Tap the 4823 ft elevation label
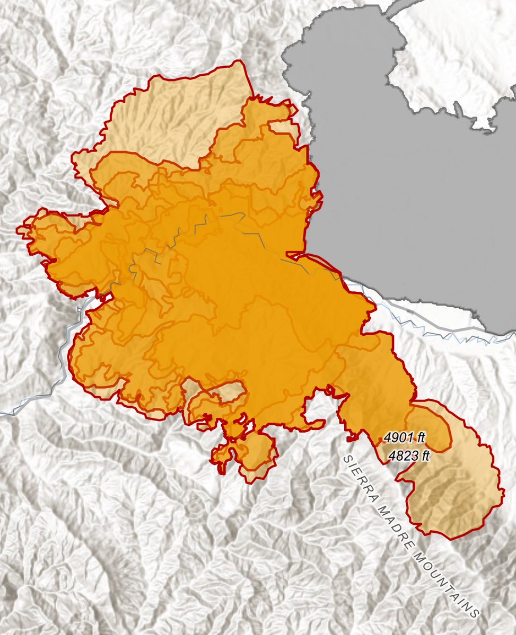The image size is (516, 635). pos(408,455)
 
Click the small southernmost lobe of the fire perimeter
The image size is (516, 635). pos(249,455)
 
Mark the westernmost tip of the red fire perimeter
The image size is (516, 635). pos(18,229)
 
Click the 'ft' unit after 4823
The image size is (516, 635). pos(423,455)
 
